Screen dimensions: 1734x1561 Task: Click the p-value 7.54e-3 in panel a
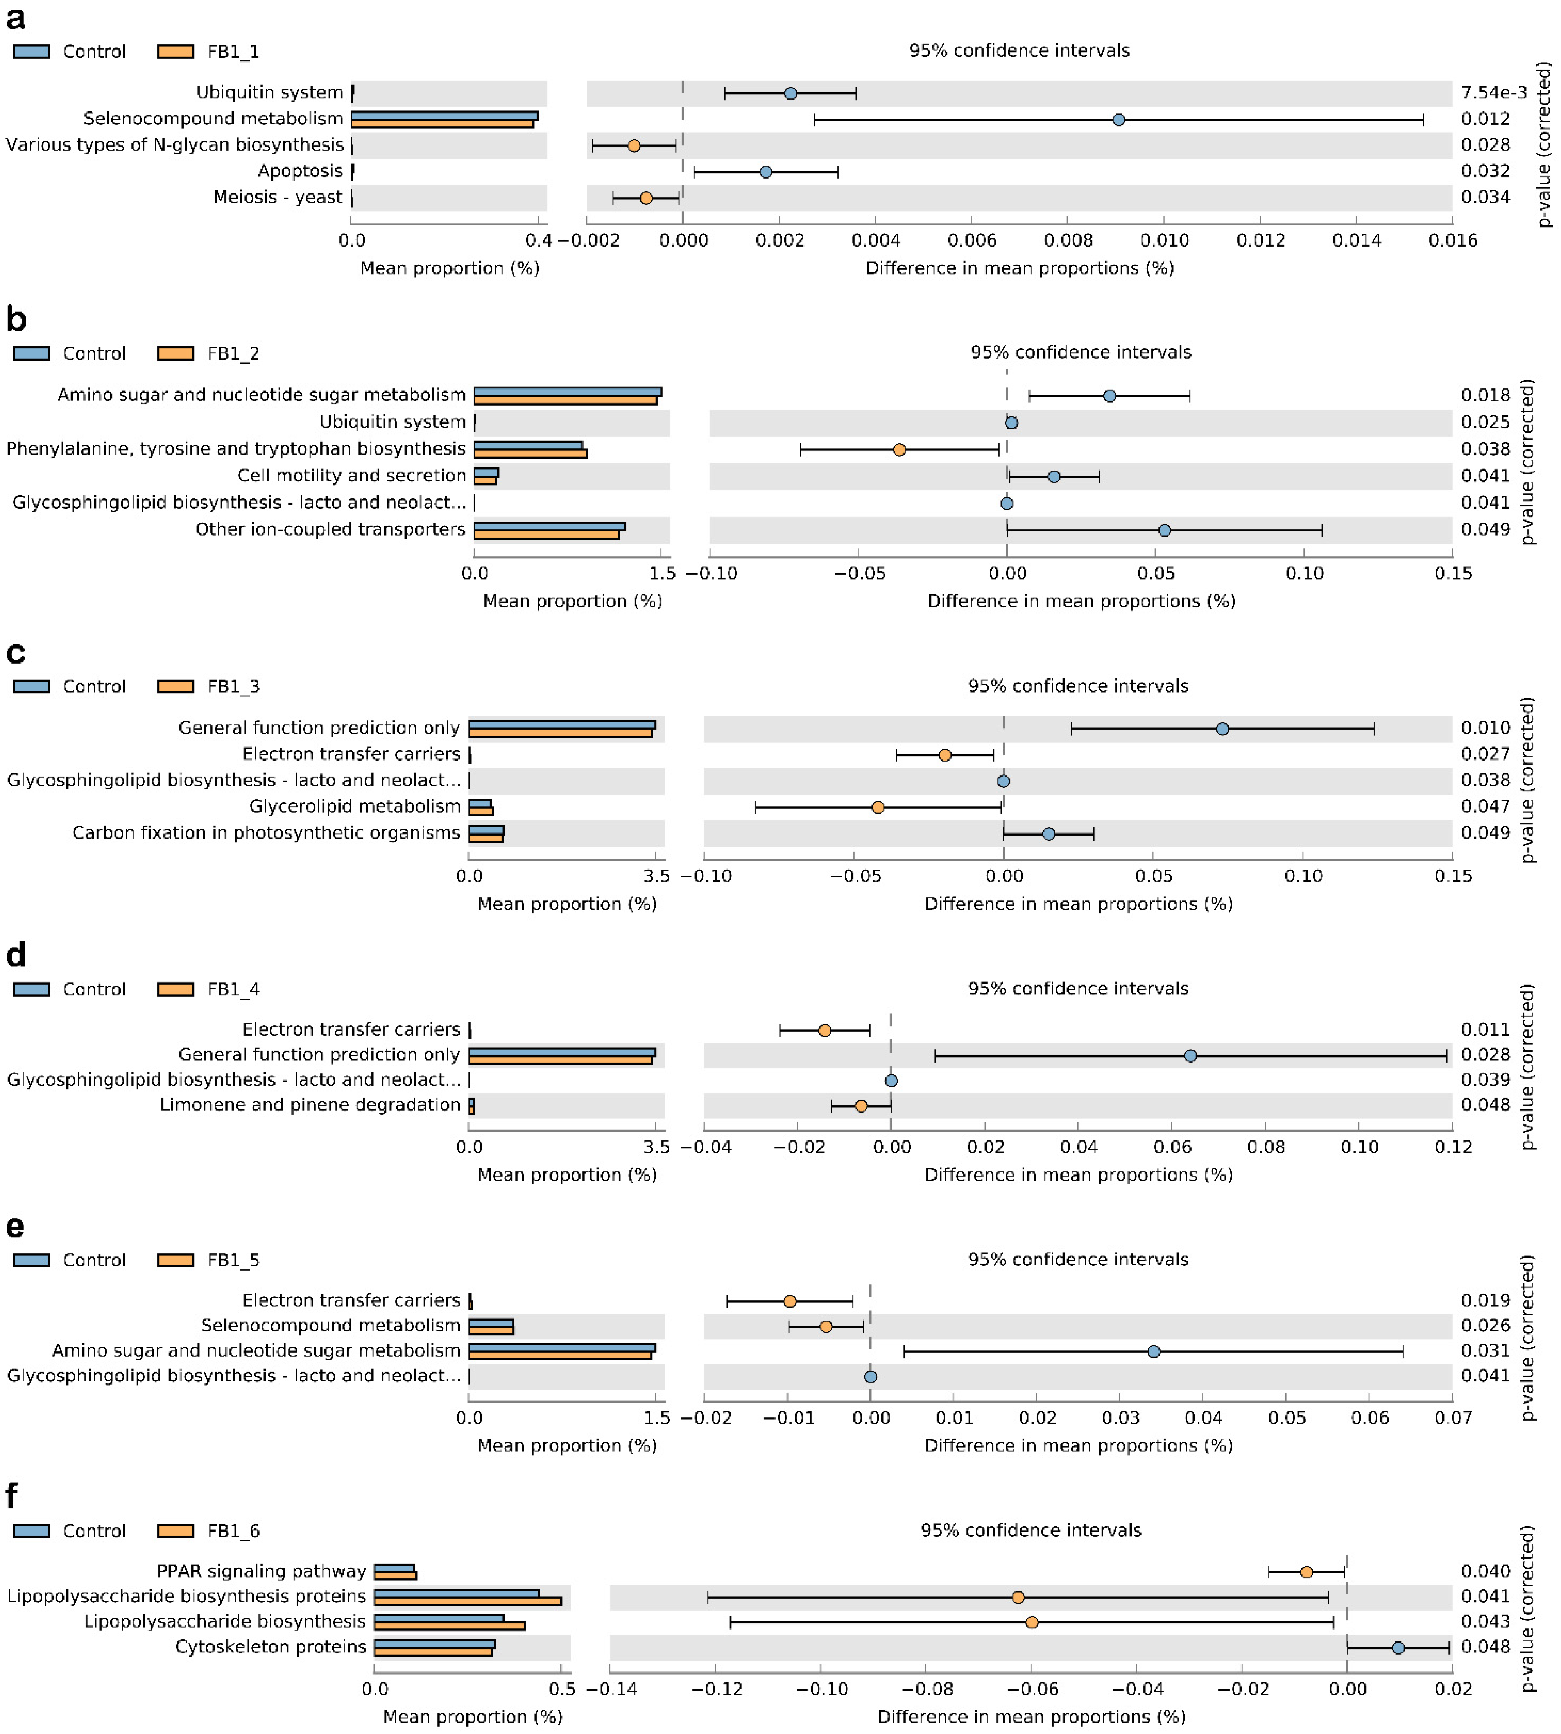[1493, 93]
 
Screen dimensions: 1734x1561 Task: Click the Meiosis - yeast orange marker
[646, 198]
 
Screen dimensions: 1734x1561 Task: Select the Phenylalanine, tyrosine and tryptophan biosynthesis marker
[899, 449]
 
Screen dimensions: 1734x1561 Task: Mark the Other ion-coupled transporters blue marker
[1164, 530]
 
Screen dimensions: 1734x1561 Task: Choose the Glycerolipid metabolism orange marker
[877, 807]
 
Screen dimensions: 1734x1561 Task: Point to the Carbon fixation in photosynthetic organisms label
[266, 833]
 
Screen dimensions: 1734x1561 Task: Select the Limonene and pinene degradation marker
[861, 1106]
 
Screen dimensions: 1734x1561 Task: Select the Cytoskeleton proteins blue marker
[1398, 1647]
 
